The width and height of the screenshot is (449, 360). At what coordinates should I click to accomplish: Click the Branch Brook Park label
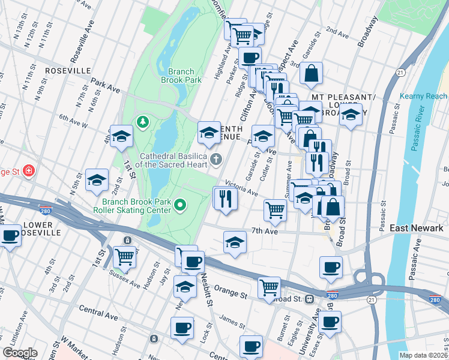[x=181, y=75]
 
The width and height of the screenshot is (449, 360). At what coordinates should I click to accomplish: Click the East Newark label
[x=416, y=229]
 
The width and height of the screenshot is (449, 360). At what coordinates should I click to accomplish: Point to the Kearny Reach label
[x=423, y=96]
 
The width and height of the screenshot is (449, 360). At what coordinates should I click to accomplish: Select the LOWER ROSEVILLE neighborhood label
[x=41, y=228]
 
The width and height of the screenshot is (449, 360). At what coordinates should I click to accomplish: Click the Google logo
[x=20, y=352]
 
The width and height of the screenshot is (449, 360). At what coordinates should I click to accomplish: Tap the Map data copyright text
[x=423, y=355]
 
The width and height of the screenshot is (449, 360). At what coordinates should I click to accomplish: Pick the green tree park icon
[x=142, y=122]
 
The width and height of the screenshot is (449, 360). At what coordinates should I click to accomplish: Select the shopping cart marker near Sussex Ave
[x=125, y=257]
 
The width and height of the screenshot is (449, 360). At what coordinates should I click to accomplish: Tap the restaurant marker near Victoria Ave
[x=226, y=199]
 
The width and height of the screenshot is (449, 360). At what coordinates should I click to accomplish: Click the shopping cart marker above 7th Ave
[x=275, y=209]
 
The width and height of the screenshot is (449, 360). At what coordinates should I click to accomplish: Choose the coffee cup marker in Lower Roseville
[x=10, y=235]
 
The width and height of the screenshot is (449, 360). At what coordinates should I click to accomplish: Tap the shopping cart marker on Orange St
[x=270, y=287]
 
